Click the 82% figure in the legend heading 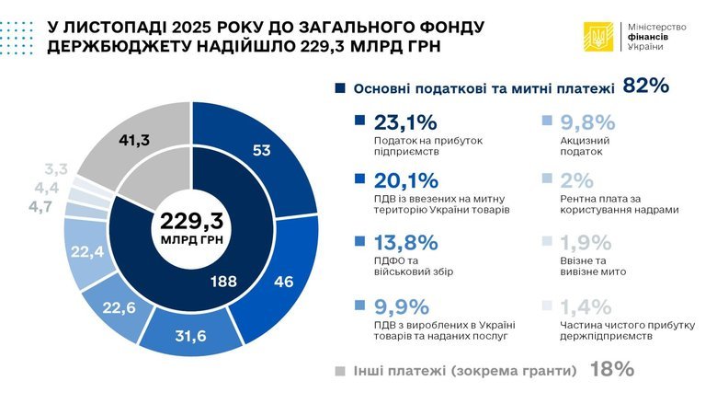(644, 87)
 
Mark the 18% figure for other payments (612, 370)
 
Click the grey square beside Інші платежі (338, 371)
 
